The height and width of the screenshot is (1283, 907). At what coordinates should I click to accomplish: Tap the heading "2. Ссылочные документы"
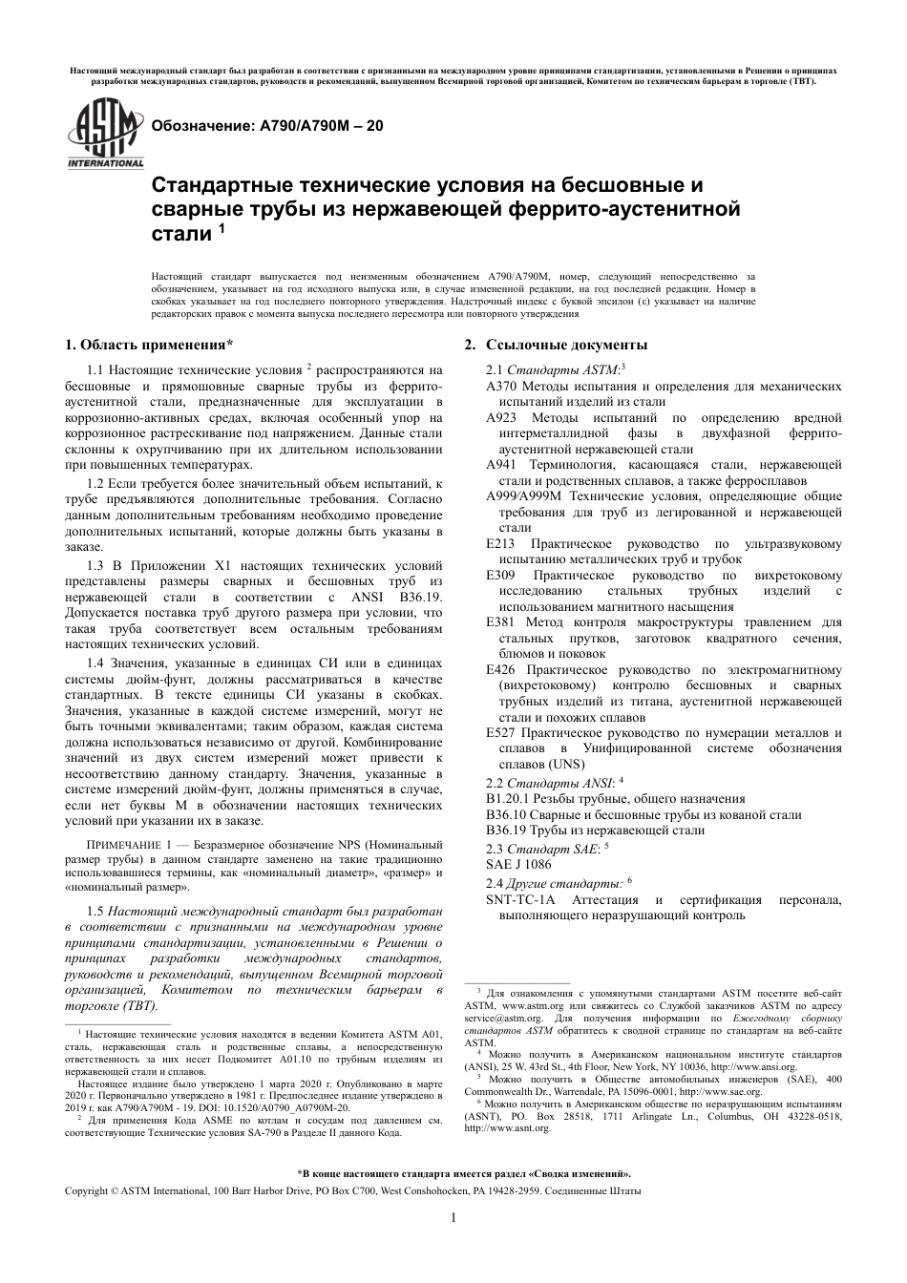coord(556,345)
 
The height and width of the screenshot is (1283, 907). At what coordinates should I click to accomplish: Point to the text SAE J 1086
coord(517,863)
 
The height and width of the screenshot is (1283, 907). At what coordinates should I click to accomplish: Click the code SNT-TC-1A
coord(520,900)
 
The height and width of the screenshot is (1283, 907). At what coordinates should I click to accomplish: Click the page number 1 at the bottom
coord(453,1217)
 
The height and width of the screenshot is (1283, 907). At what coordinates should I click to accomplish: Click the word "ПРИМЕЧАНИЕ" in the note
coord(125,845)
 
